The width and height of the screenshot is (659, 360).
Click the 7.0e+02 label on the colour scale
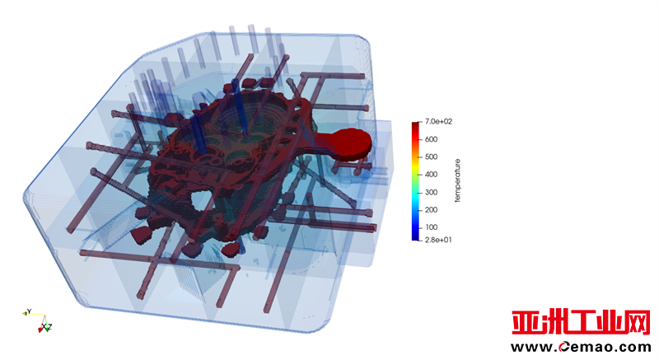[x=438, y=121]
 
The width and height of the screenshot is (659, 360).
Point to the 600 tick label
[x=431, y=139]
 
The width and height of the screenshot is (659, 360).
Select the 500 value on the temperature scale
[x=431, y=157]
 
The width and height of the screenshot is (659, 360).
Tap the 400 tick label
[x=431, y=175]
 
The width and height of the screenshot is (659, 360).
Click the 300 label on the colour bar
[x=431, y=192]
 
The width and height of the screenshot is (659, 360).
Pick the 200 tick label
[x=431, y=209]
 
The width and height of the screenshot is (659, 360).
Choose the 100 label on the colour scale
[x=431, y=227]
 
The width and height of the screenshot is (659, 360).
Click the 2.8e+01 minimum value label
[x=438, y=240]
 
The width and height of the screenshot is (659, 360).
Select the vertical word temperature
[x=458, y=180]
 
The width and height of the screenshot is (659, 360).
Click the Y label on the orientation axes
[x=29, y=311]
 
